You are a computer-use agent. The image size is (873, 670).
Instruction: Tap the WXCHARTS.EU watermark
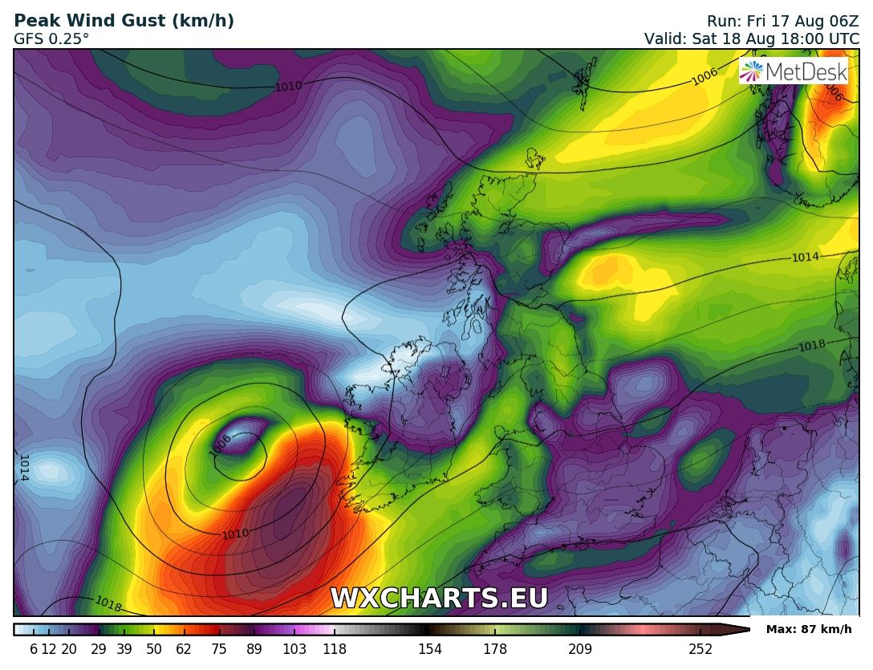[x=439, y=599]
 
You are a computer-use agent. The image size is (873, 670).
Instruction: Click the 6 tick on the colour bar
[x=34, y=649]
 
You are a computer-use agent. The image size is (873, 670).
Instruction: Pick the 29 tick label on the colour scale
[x=99, y=649]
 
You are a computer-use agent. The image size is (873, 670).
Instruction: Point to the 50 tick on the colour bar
[x=154, y=649]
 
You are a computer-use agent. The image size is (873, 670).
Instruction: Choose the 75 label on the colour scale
[x=219, y=649]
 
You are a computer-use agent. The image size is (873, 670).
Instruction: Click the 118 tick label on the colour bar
[x=334, y=649]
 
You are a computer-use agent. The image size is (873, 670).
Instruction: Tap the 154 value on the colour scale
[x=430, y=649]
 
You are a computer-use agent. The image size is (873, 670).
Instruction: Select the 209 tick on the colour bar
[x=580, y=649]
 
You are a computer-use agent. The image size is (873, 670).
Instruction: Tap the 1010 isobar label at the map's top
[x=289, y=85]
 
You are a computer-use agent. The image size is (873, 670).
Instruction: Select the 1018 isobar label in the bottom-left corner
[x=108, y=603]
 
